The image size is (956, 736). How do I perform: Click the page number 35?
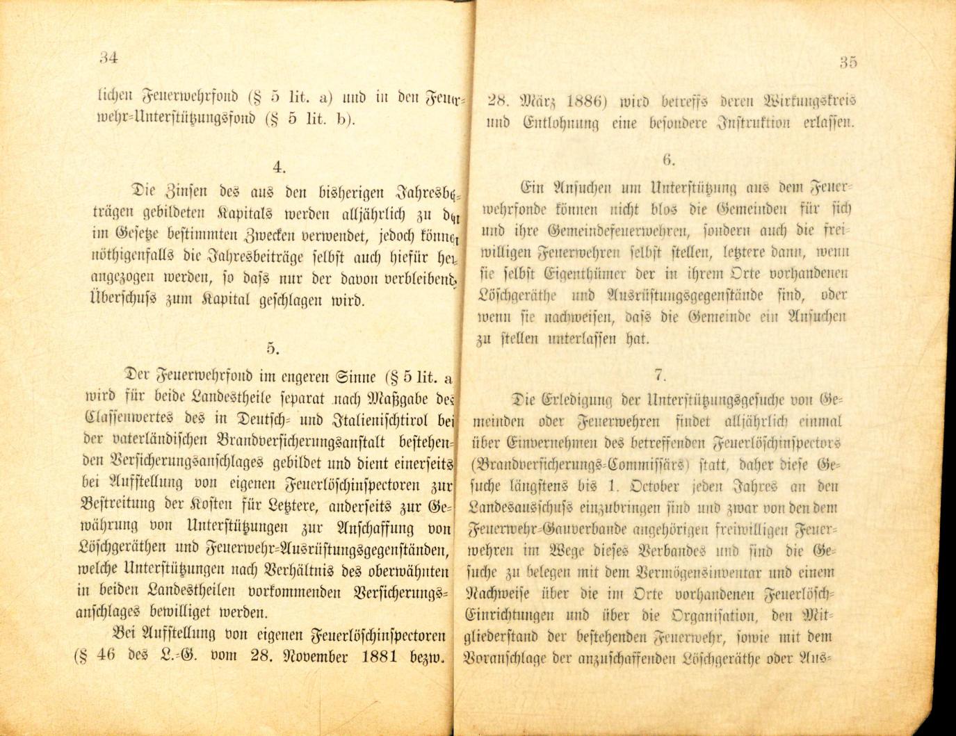click(x=848, y=62)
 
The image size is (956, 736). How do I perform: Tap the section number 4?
click(x=279, y=167)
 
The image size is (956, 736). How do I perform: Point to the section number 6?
click(x=668, y=161)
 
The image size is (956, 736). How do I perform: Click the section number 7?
click(x=659, y=375)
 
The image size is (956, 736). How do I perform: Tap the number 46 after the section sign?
click(x=106, y=656)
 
